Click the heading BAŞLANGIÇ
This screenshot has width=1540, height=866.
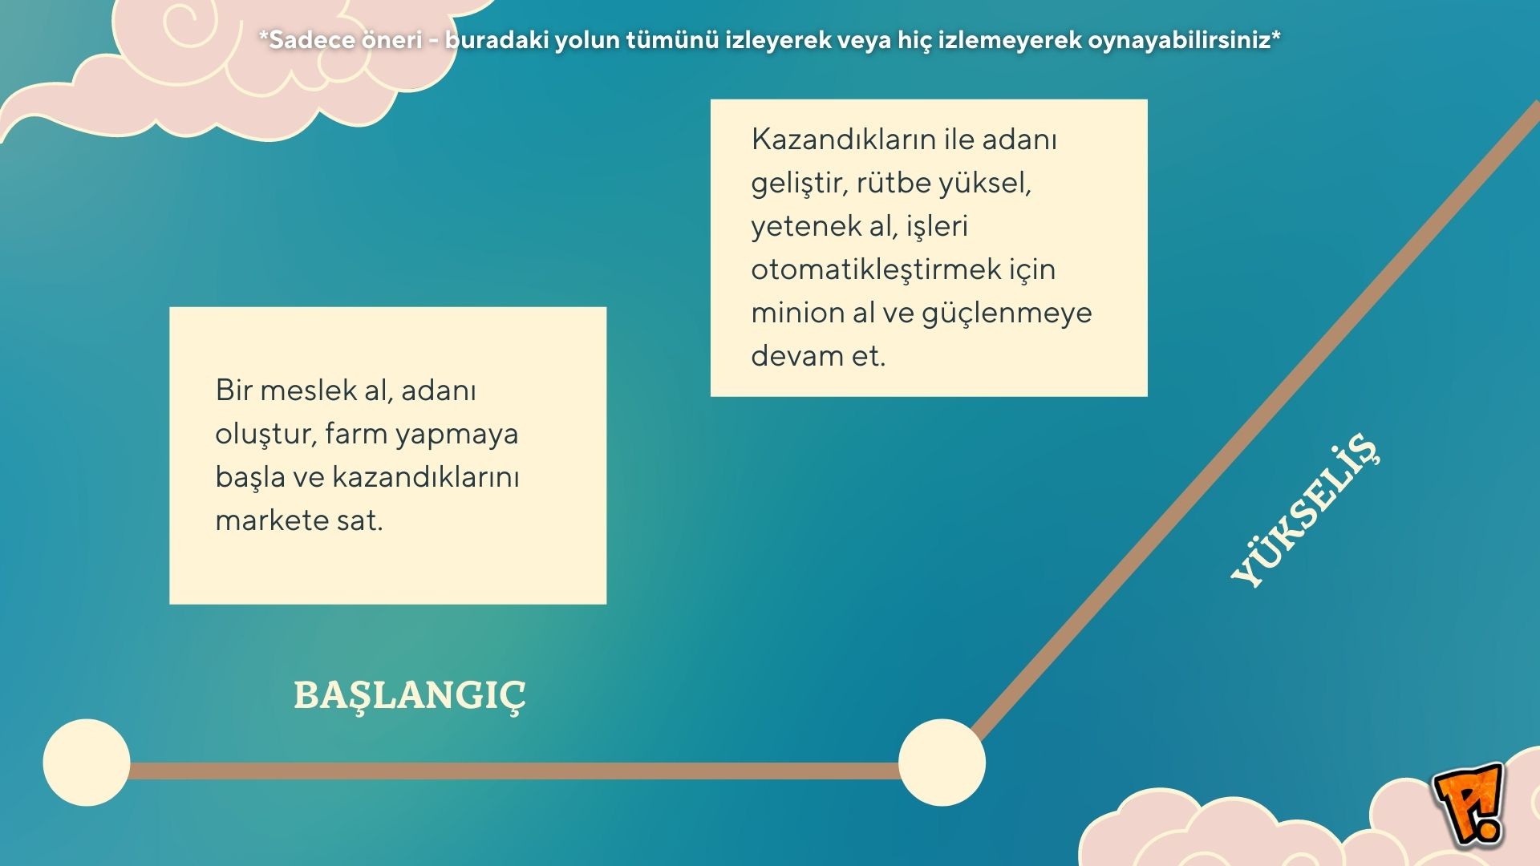(x=409, y=694)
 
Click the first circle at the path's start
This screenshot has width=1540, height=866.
(x=87, y=763)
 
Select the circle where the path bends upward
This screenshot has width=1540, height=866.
(x=942, y=763)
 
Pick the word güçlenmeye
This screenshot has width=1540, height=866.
(x=1006, y=313)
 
